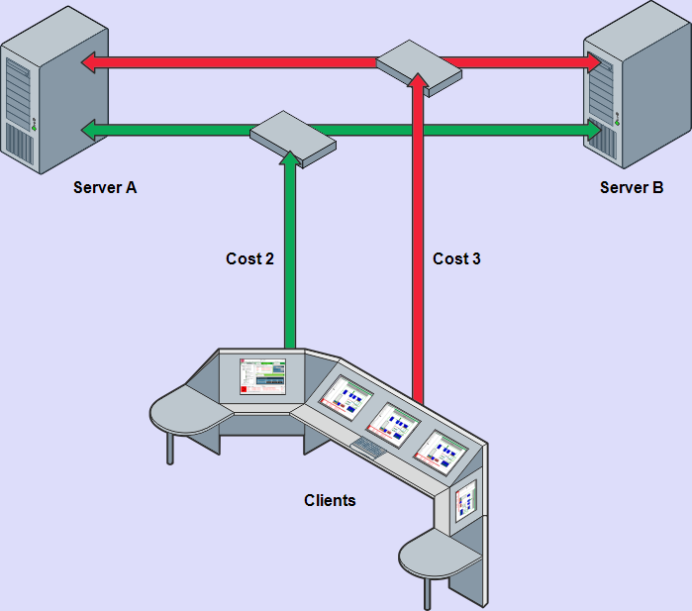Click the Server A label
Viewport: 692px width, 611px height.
(x=104, y=186)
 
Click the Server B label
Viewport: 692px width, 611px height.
(x=632, y=186)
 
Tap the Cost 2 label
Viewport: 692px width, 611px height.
(x=249, y=258)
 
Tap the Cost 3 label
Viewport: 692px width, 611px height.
(x=456, y=258)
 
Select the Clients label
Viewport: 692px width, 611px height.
(x=330, y=501)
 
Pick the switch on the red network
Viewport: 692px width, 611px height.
(x=419, y=67)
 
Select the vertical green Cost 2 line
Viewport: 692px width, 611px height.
(x=291, y=257)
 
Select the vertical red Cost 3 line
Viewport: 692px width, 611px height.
(x=418, y=248)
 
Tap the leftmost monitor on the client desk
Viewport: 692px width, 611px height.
(x=261, y=377)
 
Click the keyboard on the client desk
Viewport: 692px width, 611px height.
(x=369, y=449)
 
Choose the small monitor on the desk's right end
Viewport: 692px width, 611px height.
(x=465, y=504)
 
